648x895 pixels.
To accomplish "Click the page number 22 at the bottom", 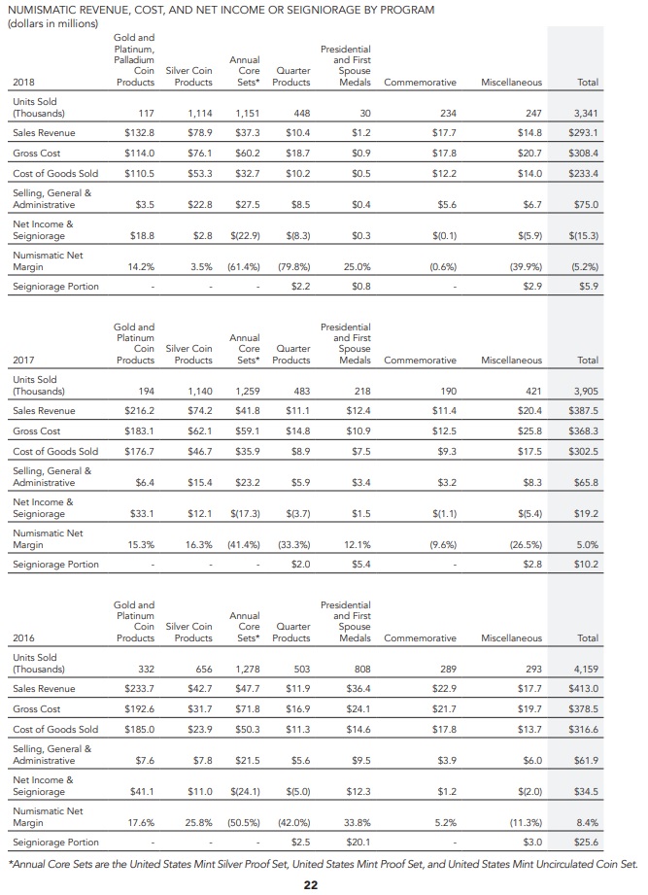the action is (310, 884).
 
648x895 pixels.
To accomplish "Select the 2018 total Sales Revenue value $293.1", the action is (584, 133).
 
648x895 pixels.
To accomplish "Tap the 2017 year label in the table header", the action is (23, 361).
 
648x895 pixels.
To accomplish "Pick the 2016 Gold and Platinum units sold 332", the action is (146, 669).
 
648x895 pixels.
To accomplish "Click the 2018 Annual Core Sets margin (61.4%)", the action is (244, 266).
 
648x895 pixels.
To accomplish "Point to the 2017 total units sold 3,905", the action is (586, 391).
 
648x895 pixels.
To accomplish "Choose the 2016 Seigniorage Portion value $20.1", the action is (358, 842).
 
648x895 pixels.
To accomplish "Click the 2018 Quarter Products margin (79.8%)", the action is (293, 266).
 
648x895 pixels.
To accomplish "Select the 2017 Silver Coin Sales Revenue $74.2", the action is (200, 411).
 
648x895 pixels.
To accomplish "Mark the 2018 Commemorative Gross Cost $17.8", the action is (444, 154).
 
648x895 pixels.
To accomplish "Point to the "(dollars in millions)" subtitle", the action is (52, 23).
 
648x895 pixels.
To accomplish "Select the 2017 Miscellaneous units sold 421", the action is (533, 391).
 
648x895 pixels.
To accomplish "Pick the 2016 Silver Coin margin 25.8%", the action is (198, 822).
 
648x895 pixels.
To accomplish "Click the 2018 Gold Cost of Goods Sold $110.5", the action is (139, 174).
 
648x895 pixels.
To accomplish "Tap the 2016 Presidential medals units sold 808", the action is (362, 669).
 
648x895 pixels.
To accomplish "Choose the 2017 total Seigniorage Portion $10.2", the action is (587, 565).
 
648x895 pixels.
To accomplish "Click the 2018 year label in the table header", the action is (23, 83).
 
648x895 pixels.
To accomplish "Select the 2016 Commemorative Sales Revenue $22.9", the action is (444, 689).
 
